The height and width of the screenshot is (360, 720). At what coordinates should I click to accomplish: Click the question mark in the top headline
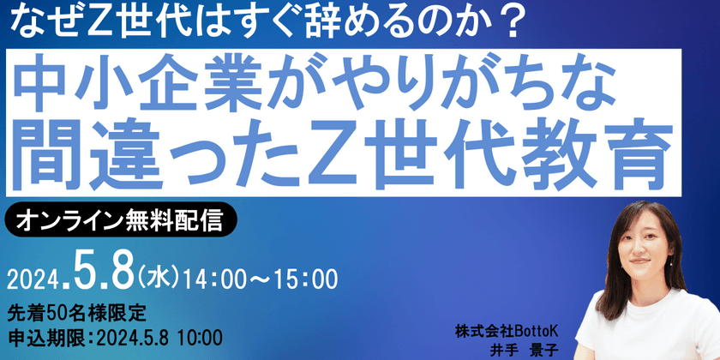[513, 23]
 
